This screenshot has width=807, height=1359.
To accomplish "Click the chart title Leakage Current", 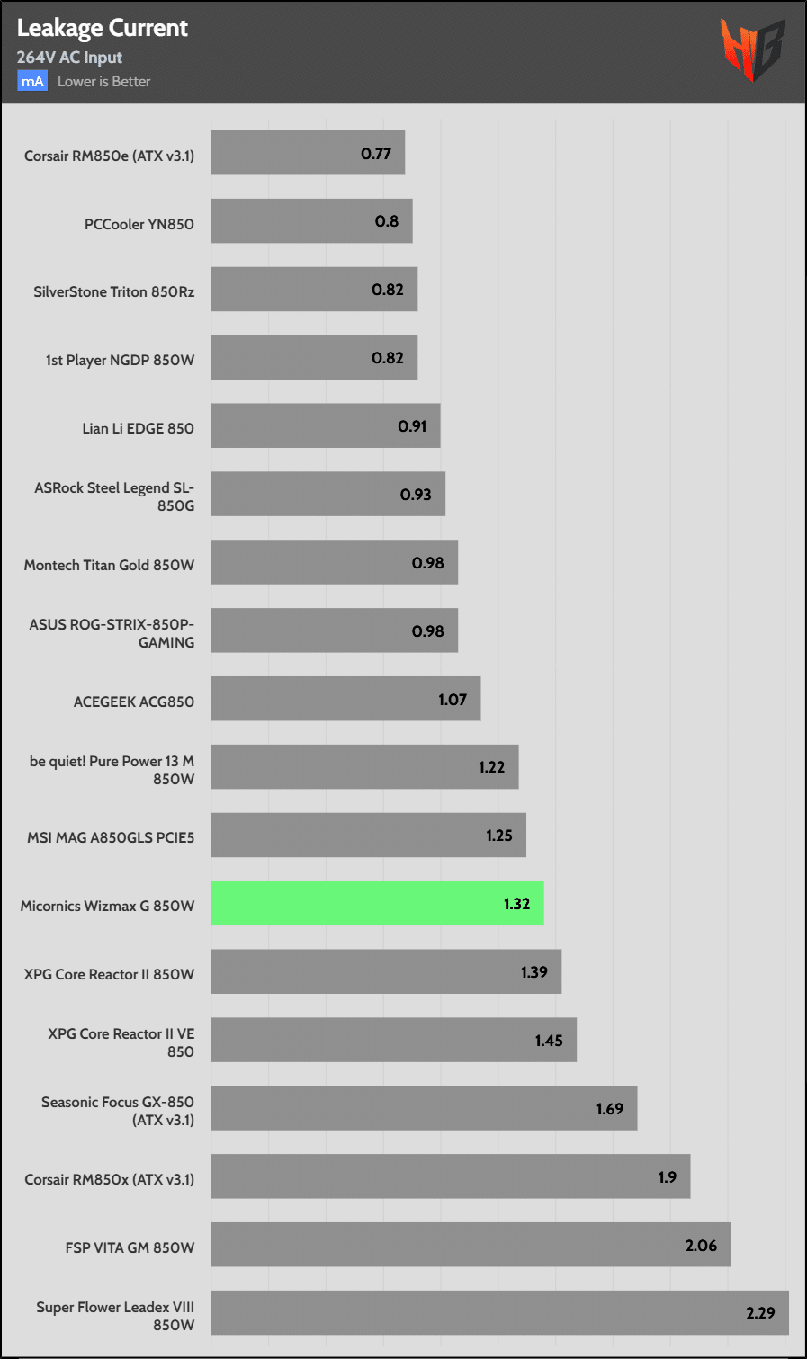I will [x=102, y=29].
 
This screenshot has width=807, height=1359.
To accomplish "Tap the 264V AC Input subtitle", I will [x=69, y=58].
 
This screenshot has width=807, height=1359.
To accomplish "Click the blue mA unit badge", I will [x=32, y=82].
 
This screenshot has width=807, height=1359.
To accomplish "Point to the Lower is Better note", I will [x=103, y=82].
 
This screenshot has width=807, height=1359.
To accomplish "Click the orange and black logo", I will [x=751, y=49].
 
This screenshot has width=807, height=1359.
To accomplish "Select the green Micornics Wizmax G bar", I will [x=377, y=903].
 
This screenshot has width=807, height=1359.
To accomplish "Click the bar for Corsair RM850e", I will [x=308, y=153].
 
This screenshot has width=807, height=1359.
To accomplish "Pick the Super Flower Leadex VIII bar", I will [x=499, y=1313].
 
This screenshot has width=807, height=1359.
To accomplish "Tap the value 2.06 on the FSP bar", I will [x=701, y=1246].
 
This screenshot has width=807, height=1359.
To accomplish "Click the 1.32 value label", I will [x=516, y=904].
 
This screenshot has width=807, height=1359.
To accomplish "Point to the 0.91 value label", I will [x=412, y=426].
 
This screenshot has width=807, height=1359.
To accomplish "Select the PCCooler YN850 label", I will [x=139, y=224].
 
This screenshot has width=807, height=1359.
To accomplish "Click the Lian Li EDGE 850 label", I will [x=138, y=428].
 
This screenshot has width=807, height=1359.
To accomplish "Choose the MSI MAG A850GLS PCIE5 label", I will [x=111, y=837].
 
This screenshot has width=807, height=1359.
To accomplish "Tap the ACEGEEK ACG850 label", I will [x=133, y=702].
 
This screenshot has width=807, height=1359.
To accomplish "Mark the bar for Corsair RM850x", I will [x=450, y=1176].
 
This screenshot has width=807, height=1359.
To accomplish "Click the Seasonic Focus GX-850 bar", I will [x=424, y=1108].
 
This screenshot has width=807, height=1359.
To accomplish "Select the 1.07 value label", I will [x=453, y=700].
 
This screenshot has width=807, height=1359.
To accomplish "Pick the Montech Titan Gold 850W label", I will [x=109, y=565].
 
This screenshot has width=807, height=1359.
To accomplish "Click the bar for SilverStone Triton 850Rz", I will [x=314, y=290].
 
